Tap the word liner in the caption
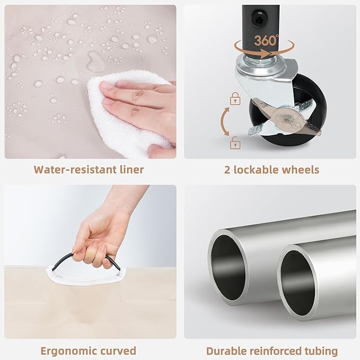(132, 170)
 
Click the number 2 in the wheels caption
(227, 170)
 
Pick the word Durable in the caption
(226, 351)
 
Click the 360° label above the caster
(266, 40)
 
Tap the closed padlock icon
(235, 99)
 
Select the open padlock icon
(235, 143)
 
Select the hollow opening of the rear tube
(228, 267)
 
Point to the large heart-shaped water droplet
(95, 61)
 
